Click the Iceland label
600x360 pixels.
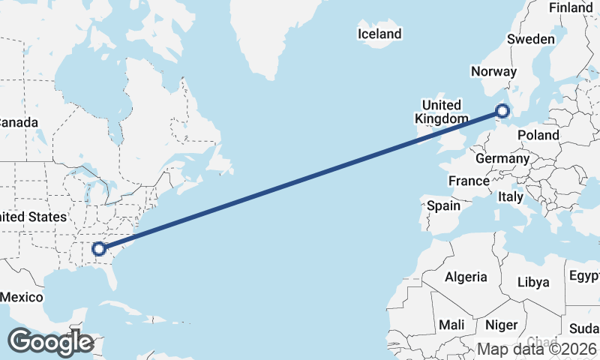click(379, 34)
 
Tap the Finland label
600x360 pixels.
click(570, 7)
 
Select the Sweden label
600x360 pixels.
click(531, 39)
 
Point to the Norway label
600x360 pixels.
click(493, 72)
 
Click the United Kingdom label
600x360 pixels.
click(441, 112)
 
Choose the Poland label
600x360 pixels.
click(538, 135)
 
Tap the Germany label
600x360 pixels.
click(502, 159)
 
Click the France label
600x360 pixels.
click(469, 181)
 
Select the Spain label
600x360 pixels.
click(443, 205)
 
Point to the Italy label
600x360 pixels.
click(511, 196)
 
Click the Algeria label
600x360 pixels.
click(466, 277)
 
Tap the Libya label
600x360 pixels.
click(533, 283)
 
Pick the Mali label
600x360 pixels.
click(451, 325)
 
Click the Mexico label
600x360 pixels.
click(21, 297)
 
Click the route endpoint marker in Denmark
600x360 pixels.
click(502, 112)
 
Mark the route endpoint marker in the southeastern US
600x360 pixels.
click(98, 248)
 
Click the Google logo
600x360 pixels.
click(50, 341)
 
